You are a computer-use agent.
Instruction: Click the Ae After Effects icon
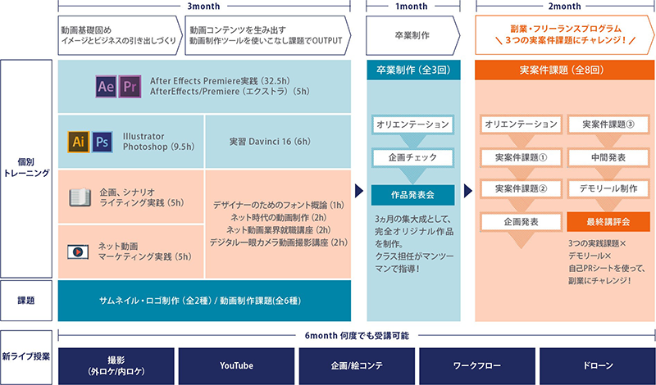pos(106,87)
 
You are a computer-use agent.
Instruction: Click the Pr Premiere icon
pos(130,87)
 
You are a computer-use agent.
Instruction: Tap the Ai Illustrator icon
pos(79,142)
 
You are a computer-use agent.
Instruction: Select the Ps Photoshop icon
pos(102,142)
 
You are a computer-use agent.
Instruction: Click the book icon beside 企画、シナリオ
pos(80,197)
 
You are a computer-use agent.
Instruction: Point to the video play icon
pos(78,251)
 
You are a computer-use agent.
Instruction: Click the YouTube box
pos(236,366)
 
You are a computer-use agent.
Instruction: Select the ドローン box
pos(598,366)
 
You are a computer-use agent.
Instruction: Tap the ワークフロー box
pos(477,366)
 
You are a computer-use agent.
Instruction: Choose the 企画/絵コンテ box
pos(357,366)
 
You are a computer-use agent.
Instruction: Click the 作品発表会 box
pos(412,195)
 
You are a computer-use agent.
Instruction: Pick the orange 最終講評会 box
pos(608,222)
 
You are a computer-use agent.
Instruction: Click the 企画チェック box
pos(412,157)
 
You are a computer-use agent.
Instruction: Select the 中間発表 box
pos(608,157)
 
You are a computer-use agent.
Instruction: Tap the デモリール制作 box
pos(608,188)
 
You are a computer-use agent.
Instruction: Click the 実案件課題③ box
pos(608,125)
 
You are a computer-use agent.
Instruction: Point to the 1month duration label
pos(412,7)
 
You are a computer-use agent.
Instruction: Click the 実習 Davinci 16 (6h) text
pos(270,141)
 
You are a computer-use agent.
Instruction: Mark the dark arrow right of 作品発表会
pos(468,191)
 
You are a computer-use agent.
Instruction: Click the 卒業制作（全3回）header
pos(413,70)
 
